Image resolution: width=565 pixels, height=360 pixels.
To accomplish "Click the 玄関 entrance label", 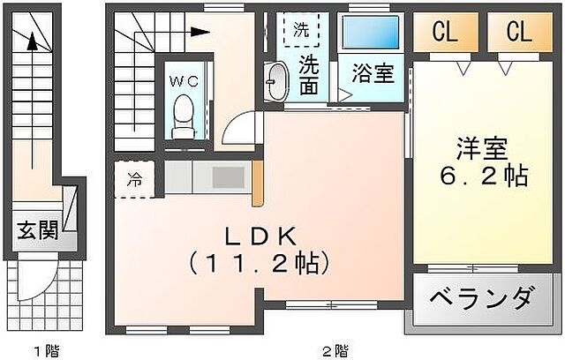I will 37,231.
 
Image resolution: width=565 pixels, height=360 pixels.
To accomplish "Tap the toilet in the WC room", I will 184,118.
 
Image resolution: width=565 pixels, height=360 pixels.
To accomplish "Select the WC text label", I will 184,80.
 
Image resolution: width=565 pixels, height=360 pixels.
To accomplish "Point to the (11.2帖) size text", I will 262,263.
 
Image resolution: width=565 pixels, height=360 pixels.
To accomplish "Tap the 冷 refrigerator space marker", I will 133,180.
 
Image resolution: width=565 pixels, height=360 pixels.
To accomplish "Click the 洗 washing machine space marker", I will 302,29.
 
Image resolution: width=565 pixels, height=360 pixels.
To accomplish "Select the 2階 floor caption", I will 333,350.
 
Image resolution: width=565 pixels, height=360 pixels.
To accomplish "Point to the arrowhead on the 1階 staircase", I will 33,39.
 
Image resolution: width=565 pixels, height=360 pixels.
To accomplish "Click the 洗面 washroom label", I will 309,74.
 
